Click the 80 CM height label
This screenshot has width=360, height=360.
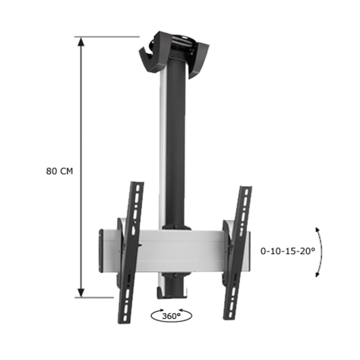point(59,171)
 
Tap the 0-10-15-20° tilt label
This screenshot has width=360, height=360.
point(287,250)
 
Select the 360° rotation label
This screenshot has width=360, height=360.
point(172,316)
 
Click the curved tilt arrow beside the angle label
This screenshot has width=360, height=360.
point(320,251)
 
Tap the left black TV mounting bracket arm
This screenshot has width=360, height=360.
point(130,252)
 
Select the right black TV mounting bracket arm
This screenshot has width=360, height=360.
point(237,252)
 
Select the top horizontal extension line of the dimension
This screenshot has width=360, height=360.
point(108,37)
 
